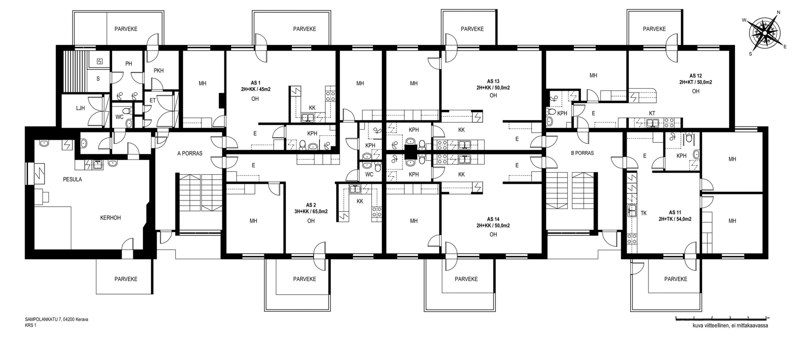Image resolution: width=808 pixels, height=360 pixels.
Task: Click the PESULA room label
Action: point(72,179)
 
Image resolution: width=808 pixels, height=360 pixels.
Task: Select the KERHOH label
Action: point(110,218)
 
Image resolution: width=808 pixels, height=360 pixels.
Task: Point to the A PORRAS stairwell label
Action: point(190,153)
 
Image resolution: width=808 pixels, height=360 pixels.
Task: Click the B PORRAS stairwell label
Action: point(582,153)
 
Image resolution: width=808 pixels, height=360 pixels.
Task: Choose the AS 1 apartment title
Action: point(255,83)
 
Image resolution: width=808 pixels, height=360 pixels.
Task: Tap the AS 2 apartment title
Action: point(311,205)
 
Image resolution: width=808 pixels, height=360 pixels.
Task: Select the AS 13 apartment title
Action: point(493,82)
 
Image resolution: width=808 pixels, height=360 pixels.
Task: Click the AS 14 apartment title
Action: point(493,219)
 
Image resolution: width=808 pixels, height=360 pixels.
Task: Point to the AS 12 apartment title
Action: point(696,76)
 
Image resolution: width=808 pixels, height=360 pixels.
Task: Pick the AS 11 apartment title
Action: point(675,213)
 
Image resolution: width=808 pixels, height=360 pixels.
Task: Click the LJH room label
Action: point(81,108)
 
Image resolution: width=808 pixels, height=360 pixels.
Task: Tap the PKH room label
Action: point(159,70)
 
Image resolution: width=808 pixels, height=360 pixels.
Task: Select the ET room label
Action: point(152,100)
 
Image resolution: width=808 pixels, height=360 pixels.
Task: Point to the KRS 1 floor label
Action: point(31,325)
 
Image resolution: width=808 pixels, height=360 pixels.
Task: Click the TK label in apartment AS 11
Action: point(644,213)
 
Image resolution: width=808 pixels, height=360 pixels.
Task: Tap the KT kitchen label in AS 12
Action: point(652,113)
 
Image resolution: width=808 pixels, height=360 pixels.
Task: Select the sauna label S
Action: point(98,78)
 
